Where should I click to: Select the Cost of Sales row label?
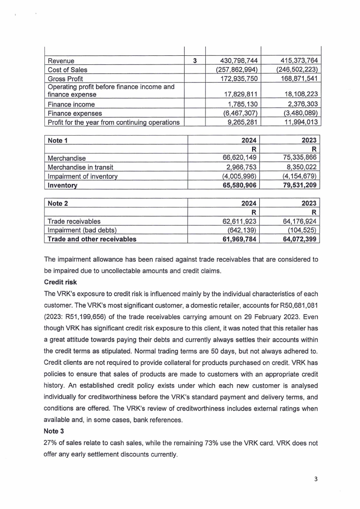click(68, 70)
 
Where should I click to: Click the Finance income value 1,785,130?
click(242, 104)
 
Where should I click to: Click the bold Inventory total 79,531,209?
click(297, 186)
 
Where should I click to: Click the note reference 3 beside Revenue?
click(194, 61)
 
